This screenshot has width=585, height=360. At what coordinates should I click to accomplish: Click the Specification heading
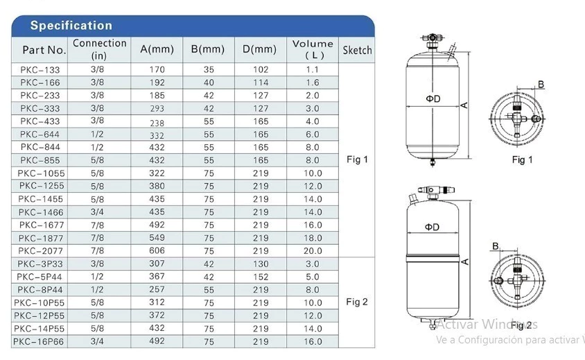pos(71,26)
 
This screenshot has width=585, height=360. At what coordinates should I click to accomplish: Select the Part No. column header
pos(44,50)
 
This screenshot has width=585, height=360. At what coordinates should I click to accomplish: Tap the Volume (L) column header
pos(313,49)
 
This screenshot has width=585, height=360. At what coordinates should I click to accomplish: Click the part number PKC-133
pos(40,70)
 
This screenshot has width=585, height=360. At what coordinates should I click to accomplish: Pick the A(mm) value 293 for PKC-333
pos(157,109)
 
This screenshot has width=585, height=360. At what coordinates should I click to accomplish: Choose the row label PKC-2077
pos(40,251)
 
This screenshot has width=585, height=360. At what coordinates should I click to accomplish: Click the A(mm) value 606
pos(157,250)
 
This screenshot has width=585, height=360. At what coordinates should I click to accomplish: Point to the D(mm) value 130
pos(261,264)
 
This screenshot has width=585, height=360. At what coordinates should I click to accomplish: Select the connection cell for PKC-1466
pos(97,212)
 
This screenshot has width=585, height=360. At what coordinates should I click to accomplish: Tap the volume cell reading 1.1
pos(313,70)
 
